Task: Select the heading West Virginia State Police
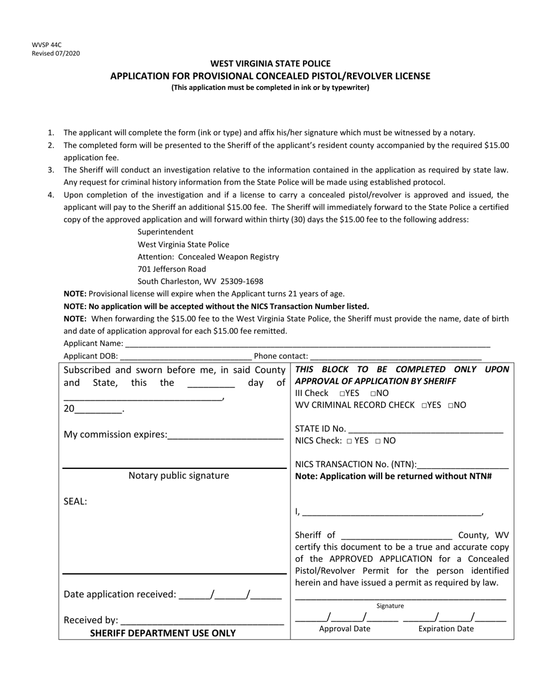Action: coord(270,64)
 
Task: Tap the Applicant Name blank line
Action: coord(307,344)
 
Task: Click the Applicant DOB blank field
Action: coord(186,356)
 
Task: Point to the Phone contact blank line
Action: coord(395,356)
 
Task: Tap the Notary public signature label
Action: coord(179,476)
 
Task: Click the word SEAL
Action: coord(75,502)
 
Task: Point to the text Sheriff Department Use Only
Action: coord(163,633)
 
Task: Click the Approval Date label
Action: coord(345,629)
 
